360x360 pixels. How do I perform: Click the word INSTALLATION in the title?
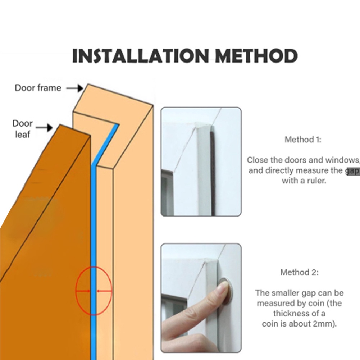[141, 56]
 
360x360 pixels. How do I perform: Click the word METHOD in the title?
[256, 56]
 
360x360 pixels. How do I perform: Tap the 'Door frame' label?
[38, 88]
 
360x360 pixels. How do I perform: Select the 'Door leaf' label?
[22, 129]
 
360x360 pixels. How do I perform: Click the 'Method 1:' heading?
[303, 140]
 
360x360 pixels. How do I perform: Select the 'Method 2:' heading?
[299, 272]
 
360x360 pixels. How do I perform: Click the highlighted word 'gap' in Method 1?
[352, 170]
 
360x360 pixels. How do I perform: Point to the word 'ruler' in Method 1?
[316, 181]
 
